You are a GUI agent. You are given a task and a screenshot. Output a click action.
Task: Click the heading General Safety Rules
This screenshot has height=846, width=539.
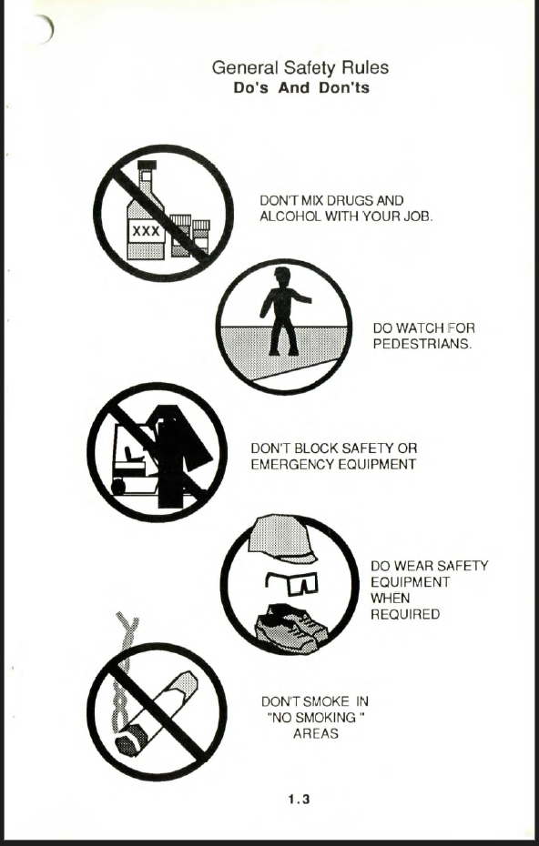[300, 68]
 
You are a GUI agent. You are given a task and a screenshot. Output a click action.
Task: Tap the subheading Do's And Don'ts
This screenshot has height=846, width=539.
[301, 88]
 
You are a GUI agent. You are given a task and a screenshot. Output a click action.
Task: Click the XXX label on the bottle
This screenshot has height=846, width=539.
[146, 231]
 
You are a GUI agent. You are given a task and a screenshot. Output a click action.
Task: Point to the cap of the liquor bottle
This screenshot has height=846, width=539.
[147, 165]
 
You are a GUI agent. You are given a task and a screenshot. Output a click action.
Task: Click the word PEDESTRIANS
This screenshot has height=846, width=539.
[422, 344]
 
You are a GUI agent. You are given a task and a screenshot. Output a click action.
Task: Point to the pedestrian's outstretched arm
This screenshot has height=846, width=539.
[300, 297]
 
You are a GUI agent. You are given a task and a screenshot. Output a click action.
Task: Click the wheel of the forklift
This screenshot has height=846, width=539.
[117, 487]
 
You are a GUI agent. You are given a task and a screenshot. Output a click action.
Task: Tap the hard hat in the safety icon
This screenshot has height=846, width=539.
[281, 539]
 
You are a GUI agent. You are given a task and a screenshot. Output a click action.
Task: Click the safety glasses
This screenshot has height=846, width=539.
[291, 583]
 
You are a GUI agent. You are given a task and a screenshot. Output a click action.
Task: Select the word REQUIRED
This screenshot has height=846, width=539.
[405, 615]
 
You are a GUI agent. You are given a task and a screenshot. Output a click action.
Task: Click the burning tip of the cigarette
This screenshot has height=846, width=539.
[128, 742]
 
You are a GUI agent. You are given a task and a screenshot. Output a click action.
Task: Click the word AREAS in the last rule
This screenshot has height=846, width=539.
[316, 734]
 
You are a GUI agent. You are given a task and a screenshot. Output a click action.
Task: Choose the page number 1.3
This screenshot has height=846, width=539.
[300, 800]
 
